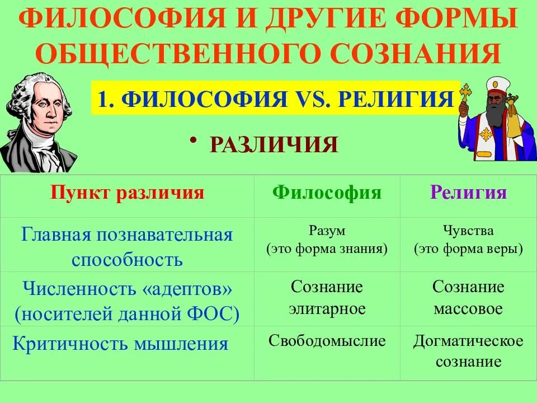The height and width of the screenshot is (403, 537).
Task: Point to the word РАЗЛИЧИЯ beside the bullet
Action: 274,145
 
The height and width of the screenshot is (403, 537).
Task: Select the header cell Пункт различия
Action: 127,193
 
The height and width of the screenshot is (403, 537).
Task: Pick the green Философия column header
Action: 327,193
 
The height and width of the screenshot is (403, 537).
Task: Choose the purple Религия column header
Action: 468,193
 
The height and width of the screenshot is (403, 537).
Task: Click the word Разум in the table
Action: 327,230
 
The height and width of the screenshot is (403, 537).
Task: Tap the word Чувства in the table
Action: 468,230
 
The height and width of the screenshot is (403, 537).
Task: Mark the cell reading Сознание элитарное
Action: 327,298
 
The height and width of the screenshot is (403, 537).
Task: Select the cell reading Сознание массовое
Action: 468,298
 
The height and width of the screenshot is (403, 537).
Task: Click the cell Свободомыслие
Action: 327,341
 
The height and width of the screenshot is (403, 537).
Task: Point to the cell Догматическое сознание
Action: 468,351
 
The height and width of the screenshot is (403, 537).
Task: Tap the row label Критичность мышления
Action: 120,343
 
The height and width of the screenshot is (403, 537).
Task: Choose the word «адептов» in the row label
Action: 182,289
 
